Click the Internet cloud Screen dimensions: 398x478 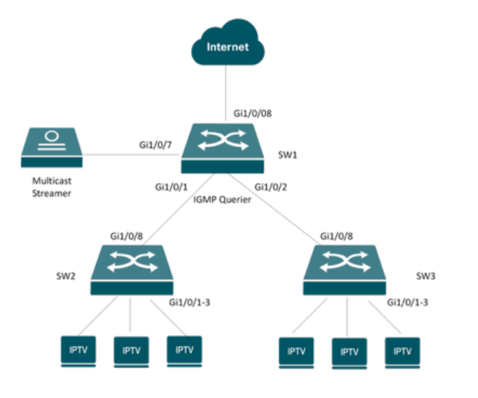pos(228,48)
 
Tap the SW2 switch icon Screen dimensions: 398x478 pos(132,270)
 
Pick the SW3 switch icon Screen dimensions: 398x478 pos(345,270)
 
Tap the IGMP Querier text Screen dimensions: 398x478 pos(222,200)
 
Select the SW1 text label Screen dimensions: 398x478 pos(286,155)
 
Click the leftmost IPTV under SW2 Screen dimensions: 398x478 pos(78,350)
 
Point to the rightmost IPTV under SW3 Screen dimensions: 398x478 pos(402,351)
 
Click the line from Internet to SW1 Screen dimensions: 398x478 pos(226,93)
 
